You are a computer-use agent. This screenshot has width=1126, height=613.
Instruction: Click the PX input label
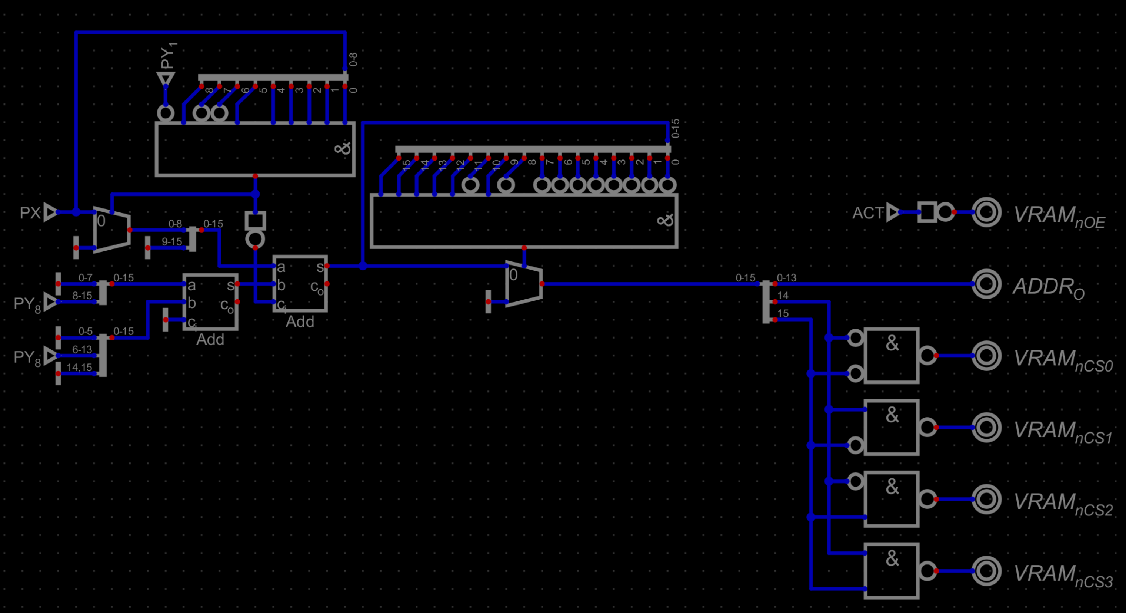pos(30,213)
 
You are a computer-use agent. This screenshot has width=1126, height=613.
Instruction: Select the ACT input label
pos(868,213)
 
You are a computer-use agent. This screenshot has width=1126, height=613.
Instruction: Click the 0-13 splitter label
pos(786,278)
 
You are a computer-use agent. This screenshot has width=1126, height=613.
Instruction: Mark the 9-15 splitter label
pos(172,241)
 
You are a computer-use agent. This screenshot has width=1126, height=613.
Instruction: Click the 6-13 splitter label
pos(82,350)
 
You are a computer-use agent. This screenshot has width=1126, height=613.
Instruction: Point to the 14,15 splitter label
pos(80,368)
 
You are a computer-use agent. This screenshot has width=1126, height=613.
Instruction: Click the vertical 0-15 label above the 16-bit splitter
pos(675,129)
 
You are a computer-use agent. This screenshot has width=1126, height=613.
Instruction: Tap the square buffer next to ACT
pos(927,212)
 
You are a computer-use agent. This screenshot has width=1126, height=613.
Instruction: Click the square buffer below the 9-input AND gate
pos(255,221)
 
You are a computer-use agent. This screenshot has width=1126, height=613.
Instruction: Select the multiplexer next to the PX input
pos(112,230)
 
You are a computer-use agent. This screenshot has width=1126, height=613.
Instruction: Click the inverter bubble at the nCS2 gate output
pos(927,499)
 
